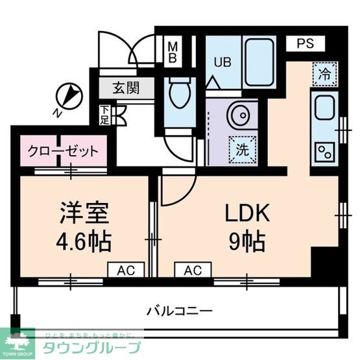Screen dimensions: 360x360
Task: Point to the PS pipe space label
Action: point(305,44)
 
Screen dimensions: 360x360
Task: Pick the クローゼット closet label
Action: point(63,151)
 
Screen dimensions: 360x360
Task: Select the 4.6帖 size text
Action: point(83,243)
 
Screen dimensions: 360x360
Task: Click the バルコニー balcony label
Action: point(180,311)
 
